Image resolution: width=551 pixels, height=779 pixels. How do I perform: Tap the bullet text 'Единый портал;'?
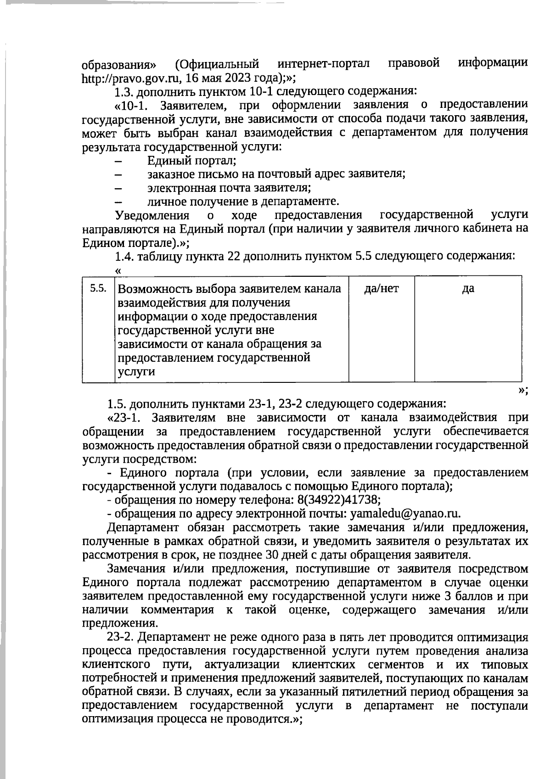click(x=191, y=161)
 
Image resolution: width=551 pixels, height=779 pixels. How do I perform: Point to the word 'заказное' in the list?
click(x=168, y=174)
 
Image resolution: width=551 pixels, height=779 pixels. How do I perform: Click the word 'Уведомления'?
click(x=152, y=215)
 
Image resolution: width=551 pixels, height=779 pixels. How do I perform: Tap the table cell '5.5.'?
click(x=98, y=288)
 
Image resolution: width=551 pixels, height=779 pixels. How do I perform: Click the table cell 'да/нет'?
click(x=381, y=288)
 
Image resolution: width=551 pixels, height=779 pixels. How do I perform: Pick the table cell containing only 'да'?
click(x=468, y=288)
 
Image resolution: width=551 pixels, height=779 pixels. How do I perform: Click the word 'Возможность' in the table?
click(x=153, y=289)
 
